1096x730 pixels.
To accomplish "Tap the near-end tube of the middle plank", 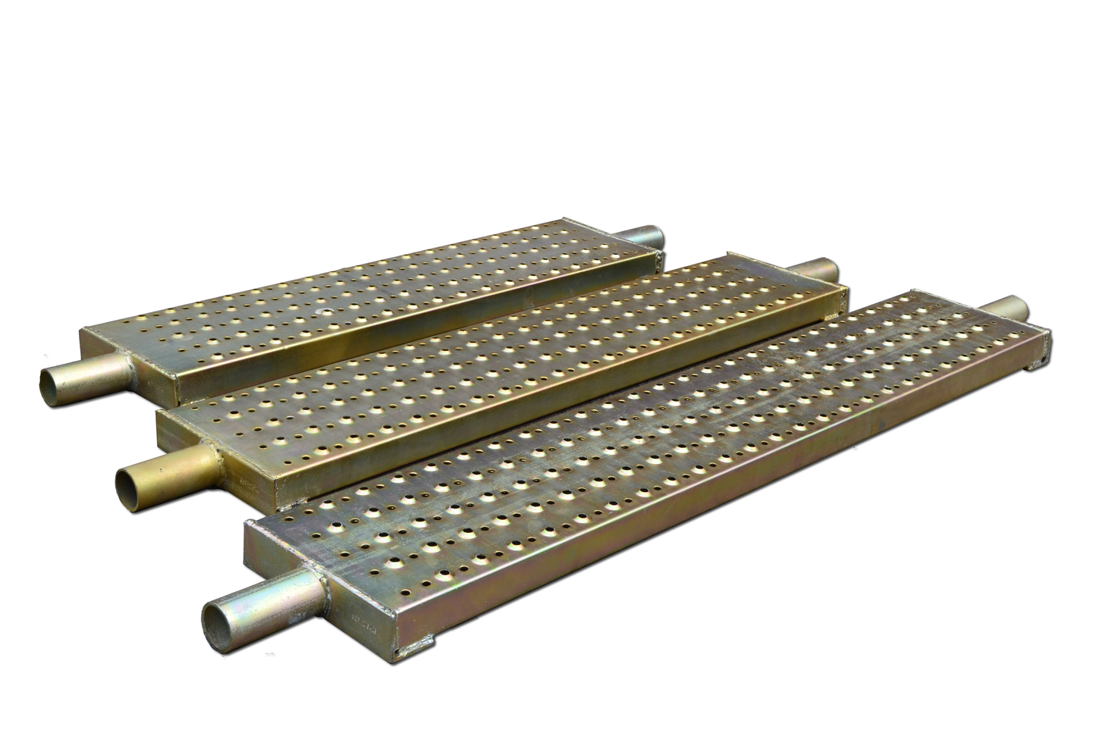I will [163, 470].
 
